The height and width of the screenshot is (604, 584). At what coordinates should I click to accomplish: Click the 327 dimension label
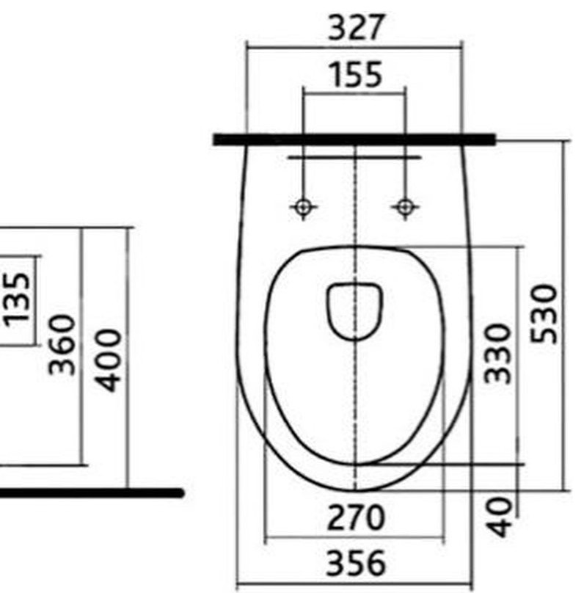click(x=356, y=27)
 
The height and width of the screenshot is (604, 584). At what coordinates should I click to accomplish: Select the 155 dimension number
click(x=357, y=74)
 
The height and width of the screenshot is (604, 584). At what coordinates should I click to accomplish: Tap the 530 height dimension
click(x=544, y=313)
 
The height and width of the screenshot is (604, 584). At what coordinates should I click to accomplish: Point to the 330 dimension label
click(x=497, y=354)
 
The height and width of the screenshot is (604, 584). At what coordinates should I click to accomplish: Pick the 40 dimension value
click(x=499, y=517)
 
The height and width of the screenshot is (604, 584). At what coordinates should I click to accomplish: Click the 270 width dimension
click(x=355, y=517)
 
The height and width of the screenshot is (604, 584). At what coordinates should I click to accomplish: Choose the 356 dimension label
click(x=355, y=562)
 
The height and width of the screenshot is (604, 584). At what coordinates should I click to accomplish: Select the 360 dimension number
click(x=62, y=345)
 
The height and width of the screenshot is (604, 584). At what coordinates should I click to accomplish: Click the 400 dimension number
click(x=109, y=360)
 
